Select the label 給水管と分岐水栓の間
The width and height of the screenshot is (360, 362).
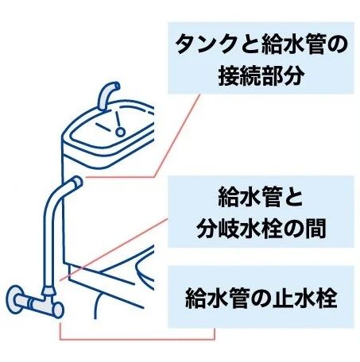click(x=261, y=212)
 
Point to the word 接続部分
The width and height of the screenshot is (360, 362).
click(x=261, y=76)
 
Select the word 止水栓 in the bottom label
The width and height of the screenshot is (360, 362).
click(x=305, y=298)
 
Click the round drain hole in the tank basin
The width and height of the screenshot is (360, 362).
click(x=120, y=132)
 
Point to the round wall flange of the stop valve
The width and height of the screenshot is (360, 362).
click(x=14, y=299)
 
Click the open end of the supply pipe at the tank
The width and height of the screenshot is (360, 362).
click(x=78, y=183)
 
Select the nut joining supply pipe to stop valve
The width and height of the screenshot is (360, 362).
click(x=48, y=291)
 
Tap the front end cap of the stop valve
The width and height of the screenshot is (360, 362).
click(x=58, y=310)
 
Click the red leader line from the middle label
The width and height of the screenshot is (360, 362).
click(x=114, y=249)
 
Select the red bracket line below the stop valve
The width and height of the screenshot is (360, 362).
click(x=137, y=339)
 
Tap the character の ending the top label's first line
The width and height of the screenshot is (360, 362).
click(x=337, y=44)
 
